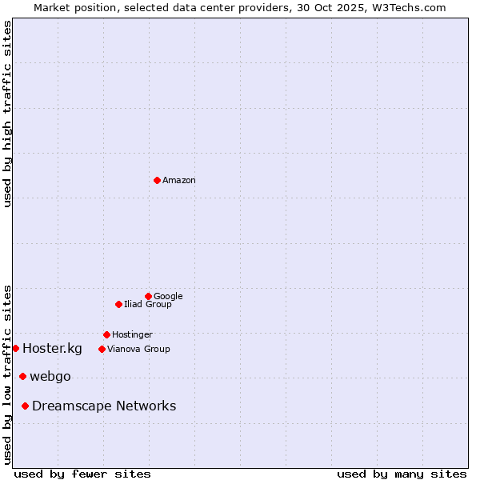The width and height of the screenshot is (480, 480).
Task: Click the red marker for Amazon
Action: (x=157, y=180)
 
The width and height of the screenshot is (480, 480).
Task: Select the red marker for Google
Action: (x=148, y=296)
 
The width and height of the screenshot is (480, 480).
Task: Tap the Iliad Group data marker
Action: (x=118, y=304)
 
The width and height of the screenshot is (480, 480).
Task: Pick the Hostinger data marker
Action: (x=106, y=334)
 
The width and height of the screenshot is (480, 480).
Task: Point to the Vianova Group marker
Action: (x=102, y=349)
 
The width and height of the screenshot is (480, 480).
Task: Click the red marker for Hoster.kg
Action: (x=15, y=348)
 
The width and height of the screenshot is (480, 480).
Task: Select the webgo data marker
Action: (x=22, y=376)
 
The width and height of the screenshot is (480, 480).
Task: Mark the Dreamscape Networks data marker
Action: (x=25, y=406)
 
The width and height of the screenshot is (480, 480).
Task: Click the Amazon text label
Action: (x=179, y=181)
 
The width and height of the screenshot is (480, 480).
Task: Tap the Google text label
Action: (x=168, y=296)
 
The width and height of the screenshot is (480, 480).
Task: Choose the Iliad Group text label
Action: (x=148, y=304)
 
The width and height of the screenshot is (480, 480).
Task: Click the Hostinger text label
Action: (x=132, y=334)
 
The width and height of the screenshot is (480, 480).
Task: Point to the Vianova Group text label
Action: (x=138, y=349)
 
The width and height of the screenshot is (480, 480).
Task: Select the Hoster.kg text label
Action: (x=52, y=348)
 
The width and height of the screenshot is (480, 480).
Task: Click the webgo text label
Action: (x=50, y=377)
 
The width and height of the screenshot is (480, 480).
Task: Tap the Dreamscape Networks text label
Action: (x=104, y=406)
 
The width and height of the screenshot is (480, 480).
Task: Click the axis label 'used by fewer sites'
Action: (x=82, y=474)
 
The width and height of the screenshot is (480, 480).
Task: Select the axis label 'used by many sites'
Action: (x=402, y=474)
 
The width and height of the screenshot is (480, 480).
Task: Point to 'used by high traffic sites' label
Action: (x=8, y=114)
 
